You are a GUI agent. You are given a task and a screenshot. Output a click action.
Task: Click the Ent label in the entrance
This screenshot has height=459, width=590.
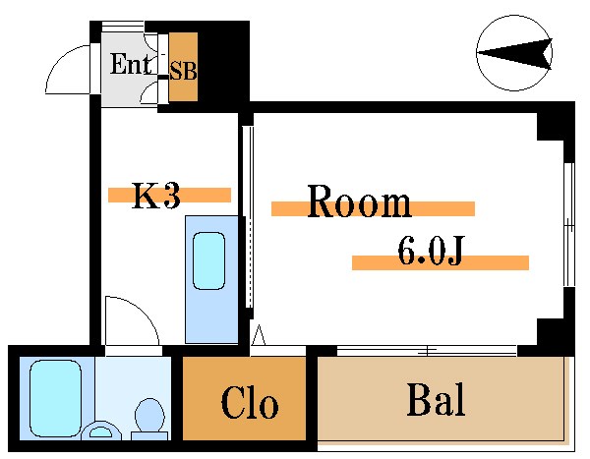point(128,66)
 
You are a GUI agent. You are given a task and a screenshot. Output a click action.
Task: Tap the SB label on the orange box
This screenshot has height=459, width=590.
point(183,71)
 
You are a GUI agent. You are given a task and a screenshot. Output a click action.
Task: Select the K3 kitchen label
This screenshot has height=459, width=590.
point(156,197)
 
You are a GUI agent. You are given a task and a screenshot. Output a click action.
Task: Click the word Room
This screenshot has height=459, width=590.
point(359,202)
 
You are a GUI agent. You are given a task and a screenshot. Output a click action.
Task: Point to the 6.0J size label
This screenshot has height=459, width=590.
point(430,254)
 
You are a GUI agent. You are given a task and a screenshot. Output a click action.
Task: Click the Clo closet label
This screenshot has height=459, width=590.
point(249,404)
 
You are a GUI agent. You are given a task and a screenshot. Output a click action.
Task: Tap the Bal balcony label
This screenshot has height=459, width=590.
point(435,400)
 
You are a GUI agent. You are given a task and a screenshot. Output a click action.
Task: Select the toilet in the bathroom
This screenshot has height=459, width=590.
point(148,416)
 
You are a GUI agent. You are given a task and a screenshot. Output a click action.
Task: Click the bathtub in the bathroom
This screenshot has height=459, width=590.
point(54,397)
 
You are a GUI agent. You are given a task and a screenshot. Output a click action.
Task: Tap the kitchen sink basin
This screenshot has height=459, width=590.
point(209,260)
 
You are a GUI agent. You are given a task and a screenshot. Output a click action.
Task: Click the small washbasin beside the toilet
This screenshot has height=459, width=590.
point(100,430)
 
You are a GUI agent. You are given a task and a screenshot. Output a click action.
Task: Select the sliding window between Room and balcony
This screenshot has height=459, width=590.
point(427,350)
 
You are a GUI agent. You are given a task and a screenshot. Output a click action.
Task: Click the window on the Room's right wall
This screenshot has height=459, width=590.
point(568,224)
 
